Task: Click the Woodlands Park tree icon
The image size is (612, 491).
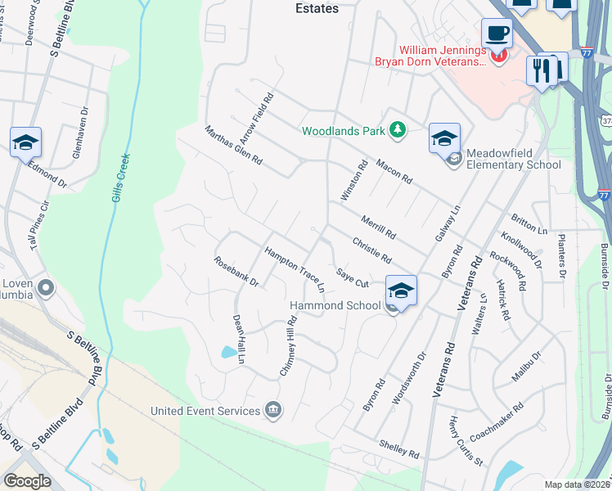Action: pyautogui.click(x=398, y=130)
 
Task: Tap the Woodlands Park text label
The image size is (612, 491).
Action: pyautogui.click(x=343, y=131)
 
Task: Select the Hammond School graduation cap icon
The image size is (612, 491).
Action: pyautogui.click(x=401, y=290)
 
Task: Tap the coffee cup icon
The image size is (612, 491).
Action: pyautogui.click(x=497, y=34)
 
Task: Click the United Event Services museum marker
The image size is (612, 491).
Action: pyautogui.click(x=274, y=410)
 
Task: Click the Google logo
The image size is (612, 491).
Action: pyautogui.click(x=27, y=481)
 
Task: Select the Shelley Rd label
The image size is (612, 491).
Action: pyautogui.click(x=398, y=448)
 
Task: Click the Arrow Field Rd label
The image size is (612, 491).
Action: pyautogui.click(x=255, y=116)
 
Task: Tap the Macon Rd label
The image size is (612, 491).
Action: pyautogui.click(x=394, y=171)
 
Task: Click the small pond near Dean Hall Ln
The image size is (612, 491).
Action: pyautogui.click(x=227, y=353)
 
